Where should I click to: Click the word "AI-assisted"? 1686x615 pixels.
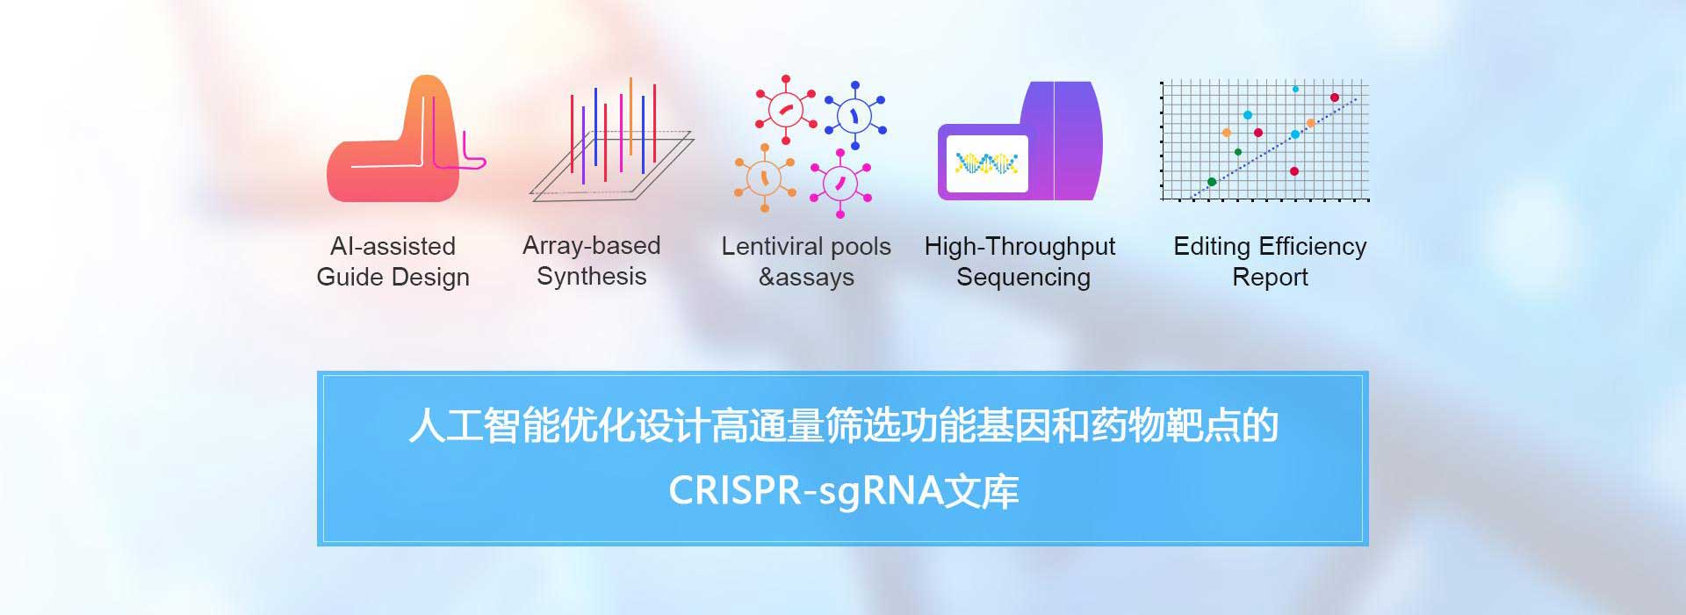pyautogui.click(x=393, y=246)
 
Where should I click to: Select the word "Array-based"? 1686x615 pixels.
pyautogui.click(x=592, y=245)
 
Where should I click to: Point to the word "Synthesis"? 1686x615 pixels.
pyautogui.click(x=592, y=277)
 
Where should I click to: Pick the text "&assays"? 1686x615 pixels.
pyautogui.click(x=806, y=278)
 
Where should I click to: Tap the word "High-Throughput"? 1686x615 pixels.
pyautogui.click(x=1020, y=247)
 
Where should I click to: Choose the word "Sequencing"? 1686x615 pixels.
pyautogui.click(x=1023, y=278)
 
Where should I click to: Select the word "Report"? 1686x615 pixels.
pyautogui.click(x=1270, y=278)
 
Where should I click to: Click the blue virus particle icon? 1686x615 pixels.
pyautogui.click(x=854, y=115)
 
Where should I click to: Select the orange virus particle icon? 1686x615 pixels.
pyautogui.click(x=765, y=178)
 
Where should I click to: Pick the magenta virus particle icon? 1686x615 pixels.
pyautogui.click(x=840, y=184)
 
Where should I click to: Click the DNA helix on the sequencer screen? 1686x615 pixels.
pyautogui.click(x=986, y=163)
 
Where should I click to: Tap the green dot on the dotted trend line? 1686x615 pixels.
pyautogui.click(x=1212, y=182)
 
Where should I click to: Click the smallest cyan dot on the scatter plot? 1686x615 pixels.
pyautogui.click(x=1295, y=90)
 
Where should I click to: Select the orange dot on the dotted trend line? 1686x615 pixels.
pyautogui.click(x=1311, y=123)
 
